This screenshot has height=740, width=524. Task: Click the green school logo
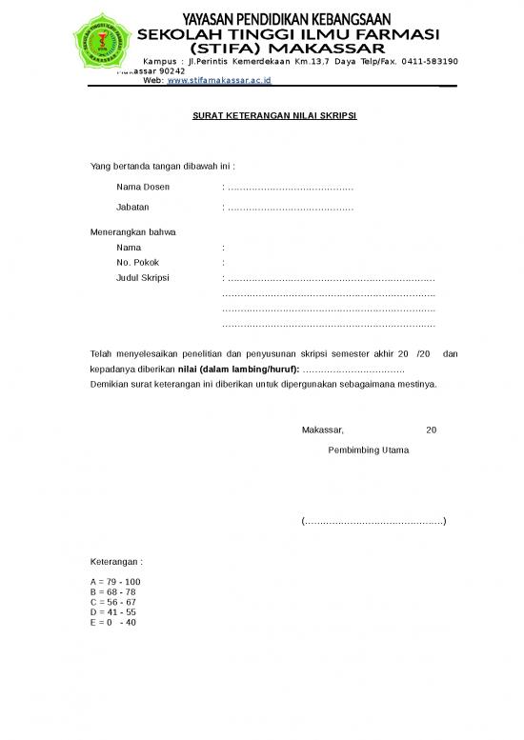coord(99,39)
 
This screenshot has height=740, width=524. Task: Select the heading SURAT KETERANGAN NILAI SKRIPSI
coord(261,116)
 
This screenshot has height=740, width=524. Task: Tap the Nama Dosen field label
coord(143,187)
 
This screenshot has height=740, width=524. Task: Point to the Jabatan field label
coord(132,207)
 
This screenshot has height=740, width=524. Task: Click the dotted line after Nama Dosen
coord(291,188)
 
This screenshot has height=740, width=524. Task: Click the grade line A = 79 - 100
coord(115,581)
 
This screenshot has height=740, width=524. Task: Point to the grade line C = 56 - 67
coord(113,602)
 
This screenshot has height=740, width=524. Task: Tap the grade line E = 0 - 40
coord(113,622)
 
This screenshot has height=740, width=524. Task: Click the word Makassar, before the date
coord(323,430)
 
